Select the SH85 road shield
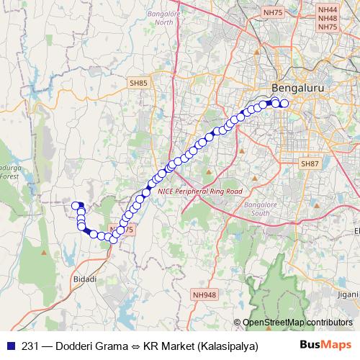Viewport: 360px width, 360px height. pos(139,84)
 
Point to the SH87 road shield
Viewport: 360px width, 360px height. pos(310,164)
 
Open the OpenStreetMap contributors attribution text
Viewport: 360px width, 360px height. pos(297,323)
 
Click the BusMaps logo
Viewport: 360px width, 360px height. pos(325,345)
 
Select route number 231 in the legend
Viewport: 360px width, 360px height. pos(30,346)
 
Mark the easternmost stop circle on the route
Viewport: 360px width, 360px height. pos(284,104)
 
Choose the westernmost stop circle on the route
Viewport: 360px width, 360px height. pos(74,206)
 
